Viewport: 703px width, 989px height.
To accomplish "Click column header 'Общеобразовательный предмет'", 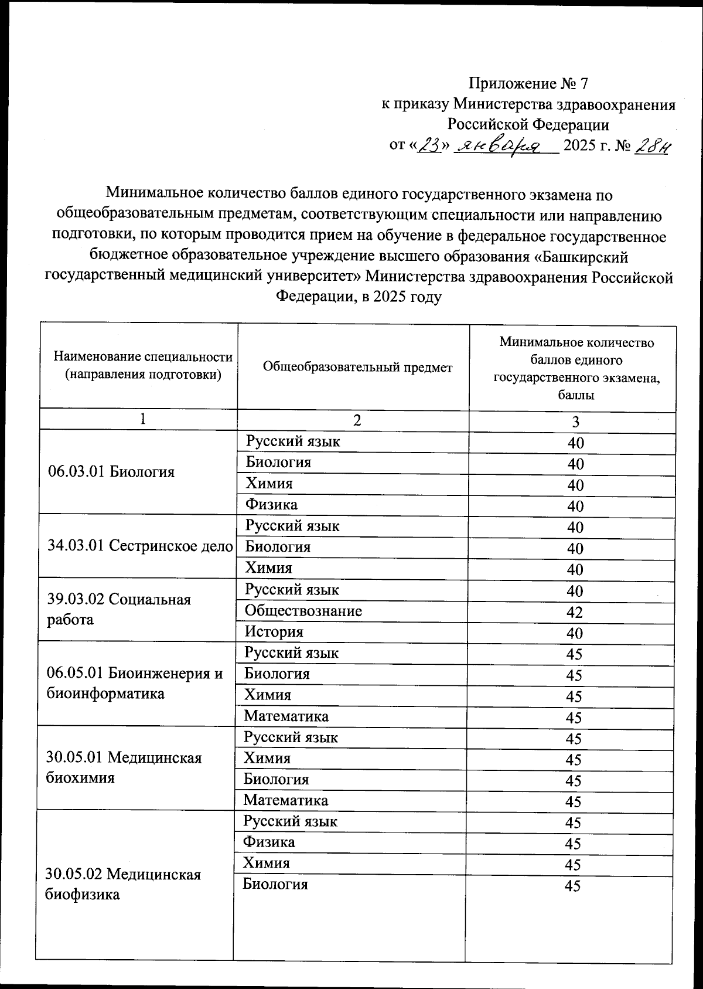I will click(x=357, y=368).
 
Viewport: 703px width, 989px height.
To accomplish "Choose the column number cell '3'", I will click(x=575, y=422).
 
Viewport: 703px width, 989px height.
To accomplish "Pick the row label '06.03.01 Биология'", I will click(x=111, y=472).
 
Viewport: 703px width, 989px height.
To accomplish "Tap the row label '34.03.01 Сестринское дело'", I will click(x=140, y=546).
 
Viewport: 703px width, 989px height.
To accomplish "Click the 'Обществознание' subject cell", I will click(x=303, y=611).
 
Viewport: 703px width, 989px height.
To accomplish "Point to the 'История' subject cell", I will click(x=274, y=632).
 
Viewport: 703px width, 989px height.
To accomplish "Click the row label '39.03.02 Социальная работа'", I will click(x=119, y=610).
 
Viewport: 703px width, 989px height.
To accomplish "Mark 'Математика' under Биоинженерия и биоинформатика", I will click(x=286, y=716).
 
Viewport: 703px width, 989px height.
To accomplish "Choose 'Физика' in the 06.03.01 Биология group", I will click(x=271, y=504).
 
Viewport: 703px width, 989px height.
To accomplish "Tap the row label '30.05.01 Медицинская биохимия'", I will click(x=124, y=767).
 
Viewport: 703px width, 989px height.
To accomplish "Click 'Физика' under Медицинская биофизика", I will click(x=269, y=842).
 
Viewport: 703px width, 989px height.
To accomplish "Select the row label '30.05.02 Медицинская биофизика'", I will click(x=123, y=884).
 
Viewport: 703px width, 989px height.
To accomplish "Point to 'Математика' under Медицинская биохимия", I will click(x=286, y=800).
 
